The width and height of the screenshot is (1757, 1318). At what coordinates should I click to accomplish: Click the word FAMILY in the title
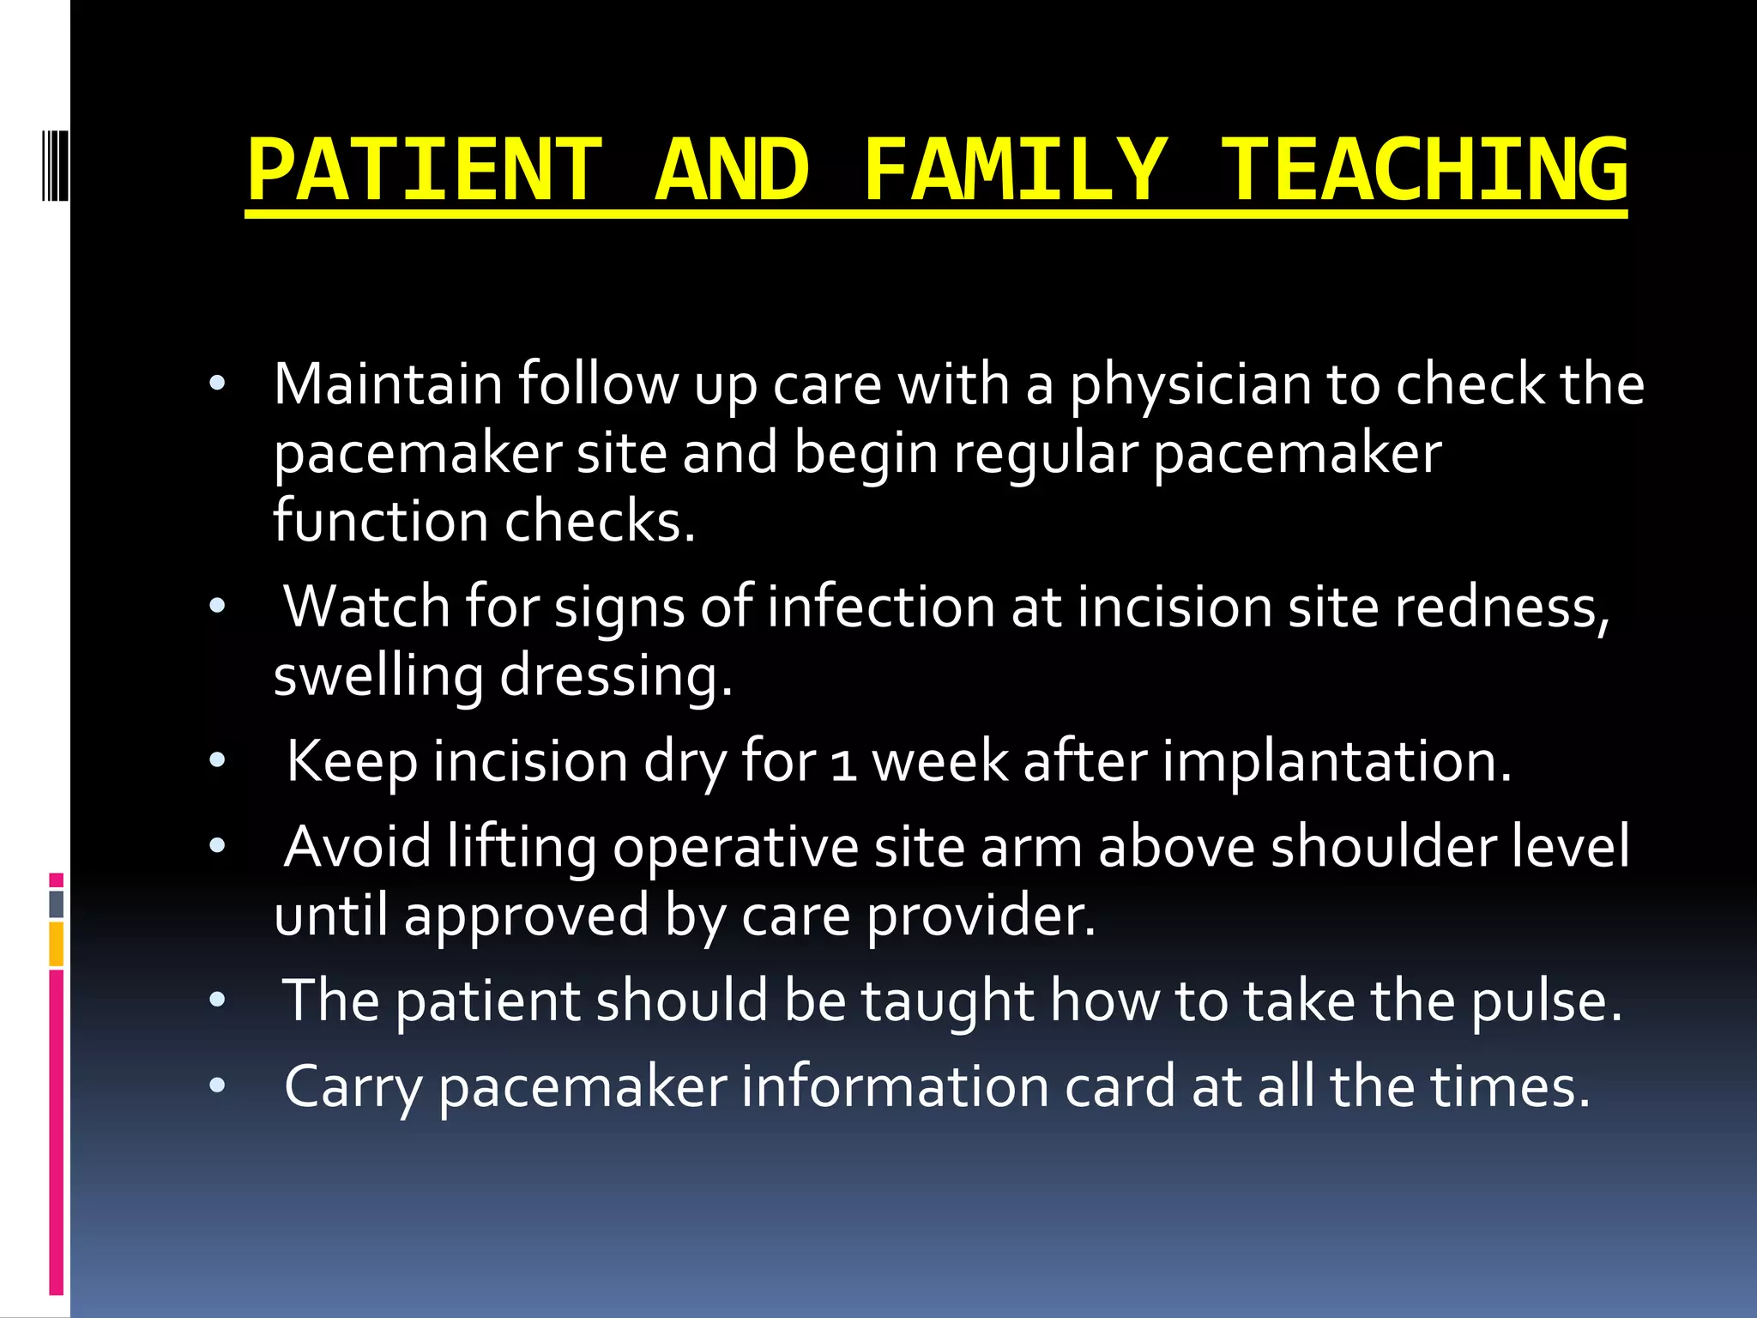[1015, 170]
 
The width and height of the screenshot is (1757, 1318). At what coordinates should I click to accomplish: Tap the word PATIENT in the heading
[425, 170]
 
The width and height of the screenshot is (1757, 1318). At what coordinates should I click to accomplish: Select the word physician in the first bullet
[1190, 386]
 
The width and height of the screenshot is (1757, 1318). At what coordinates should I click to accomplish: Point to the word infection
[880, 607]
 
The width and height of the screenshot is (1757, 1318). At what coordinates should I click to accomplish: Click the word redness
[1501, 607]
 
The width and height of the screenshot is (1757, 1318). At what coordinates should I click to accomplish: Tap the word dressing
[615, 676]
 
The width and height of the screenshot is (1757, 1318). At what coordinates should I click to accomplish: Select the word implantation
[1336, 761]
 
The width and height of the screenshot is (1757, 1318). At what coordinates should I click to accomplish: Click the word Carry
[353, 1088]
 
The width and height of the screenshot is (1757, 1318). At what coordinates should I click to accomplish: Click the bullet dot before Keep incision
[217, 760]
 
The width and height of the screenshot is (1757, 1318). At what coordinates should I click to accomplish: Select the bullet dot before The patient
[217, 1000]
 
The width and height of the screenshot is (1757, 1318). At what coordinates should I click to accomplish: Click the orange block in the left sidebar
[57, 944]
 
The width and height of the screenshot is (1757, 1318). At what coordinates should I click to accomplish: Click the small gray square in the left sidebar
[57, 904]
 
